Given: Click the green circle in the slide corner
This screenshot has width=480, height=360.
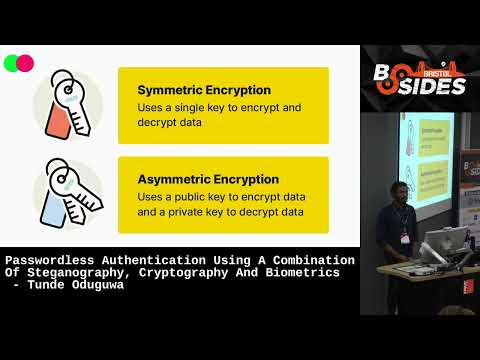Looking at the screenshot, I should pos(11,63).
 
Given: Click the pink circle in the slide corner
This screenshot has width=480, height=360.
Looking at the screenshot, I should pos(25,63).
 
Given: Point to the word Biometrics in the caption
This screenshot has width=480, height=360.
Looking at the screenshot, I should pos(303,273).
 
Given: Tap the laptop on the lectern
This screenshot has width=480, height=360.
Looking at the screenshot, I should pos(441,244).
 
